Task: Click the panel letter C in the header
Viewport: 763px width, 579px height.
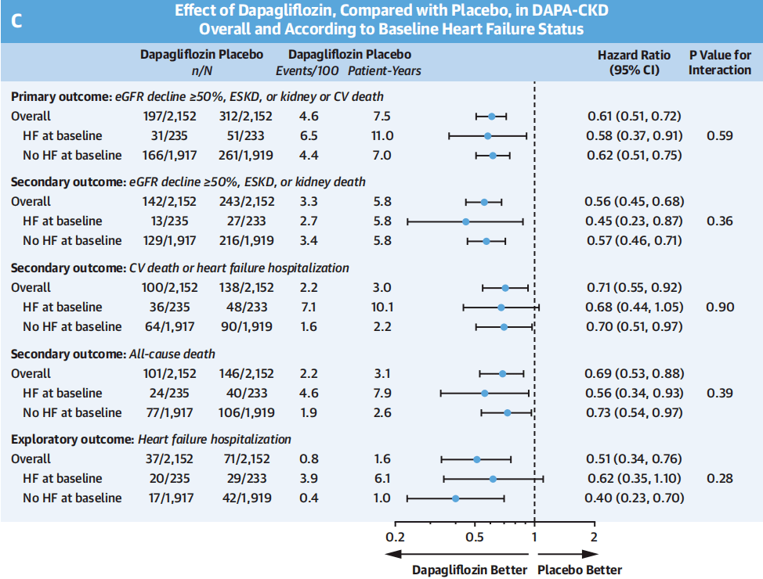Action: [x=16, y=21]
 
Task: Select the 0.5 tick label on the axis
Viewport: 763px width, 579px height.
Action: [x=475, y=538]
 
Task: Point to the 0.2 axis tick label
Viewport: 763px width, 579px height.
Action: [x=395, y=538]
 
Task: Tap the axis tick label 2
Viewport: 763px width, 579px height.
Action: [x=594, y=538]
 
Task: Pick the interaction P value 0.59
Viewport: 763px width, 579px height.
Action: [x=720, y=135]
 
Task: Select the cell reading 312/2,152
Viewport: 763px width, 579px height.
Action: [x=246, y=116]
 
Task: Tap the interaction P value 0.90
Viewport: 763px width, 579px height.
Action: [x=720, y=307]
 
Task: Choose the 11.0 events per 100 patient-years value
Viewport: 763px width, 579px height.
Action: [x=382, y=135]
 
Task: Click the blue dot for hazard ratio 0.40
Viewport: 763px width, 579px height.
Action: [x=455, y=498]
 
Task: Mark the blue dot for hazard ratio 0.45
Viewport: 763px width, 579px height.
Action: [x=465, y=221]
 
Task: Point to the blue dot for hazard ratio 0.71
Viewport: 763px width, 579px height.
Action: [x=505, y=288]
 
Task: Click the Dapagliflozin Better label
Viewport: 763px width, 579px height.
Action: [x=469, y=570]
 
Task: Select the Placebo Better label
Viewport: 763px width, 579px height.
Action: [x=580, y=570]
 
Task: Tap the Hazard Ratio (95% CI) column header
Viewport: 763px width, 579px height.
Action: [x=634, y=63]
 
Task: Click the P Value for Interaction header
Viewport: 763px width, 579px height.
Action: [x=720, y=63]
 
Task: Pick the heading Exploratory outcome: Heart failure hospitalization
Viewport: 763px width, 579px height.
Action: [x=151, y=440]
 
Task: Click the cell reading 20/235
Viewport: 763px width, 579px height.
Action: [x=169, y=478]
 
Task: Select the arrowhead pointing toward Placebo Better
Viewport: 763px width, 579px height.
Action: [x=591, y=554]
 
